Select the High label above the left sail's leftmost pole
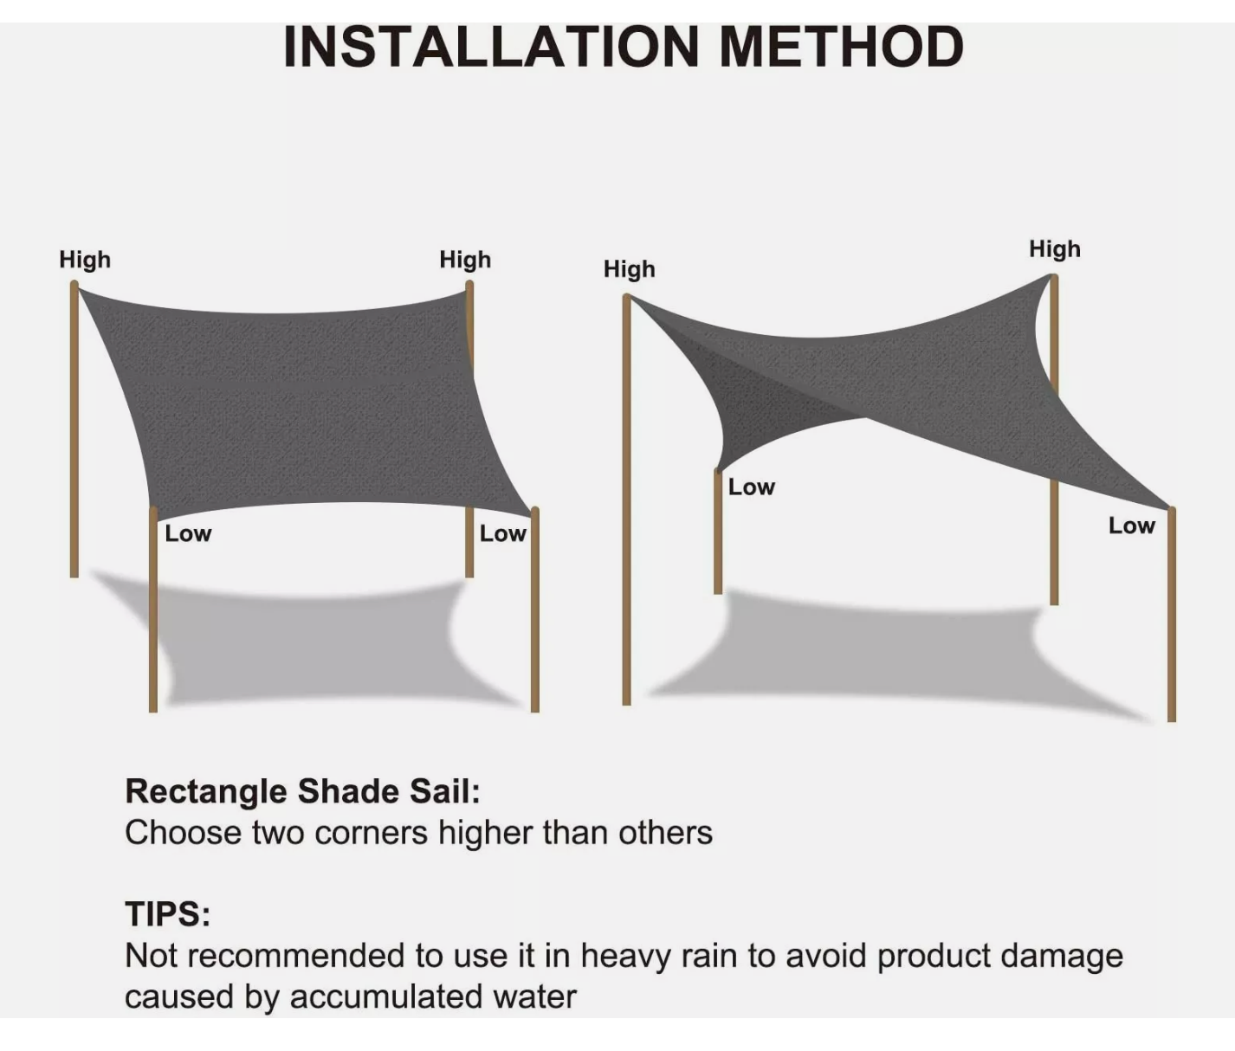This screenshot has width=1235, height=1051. (x=85, y=260)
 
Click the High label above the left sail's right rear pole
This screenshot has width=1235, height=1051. (x=465, y=260)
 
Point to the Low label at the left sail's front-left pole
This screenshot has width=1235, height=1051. (x=188, y=533)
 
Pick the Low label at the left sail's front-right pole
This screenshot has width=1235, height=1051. (x=502, y=533)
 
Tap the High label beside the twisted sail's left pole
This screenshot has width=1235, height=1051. (x=630, y=269)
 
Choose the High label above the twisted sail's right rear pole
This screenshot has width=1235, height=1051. (x=1055, y=249)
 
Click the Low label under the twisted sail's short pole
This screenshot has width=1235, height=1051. (x=751, y=487)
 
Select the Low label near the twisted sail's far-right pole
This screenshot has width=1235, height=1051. (x=1131, y=525)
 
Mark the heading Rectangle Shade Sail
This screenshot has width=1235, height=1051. (x=302, y=791)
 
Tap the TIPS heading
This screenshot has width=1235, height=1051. (x=168, y=914)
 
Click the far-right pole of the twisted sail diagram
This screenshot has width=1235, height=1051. (x=1172, y=623)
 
